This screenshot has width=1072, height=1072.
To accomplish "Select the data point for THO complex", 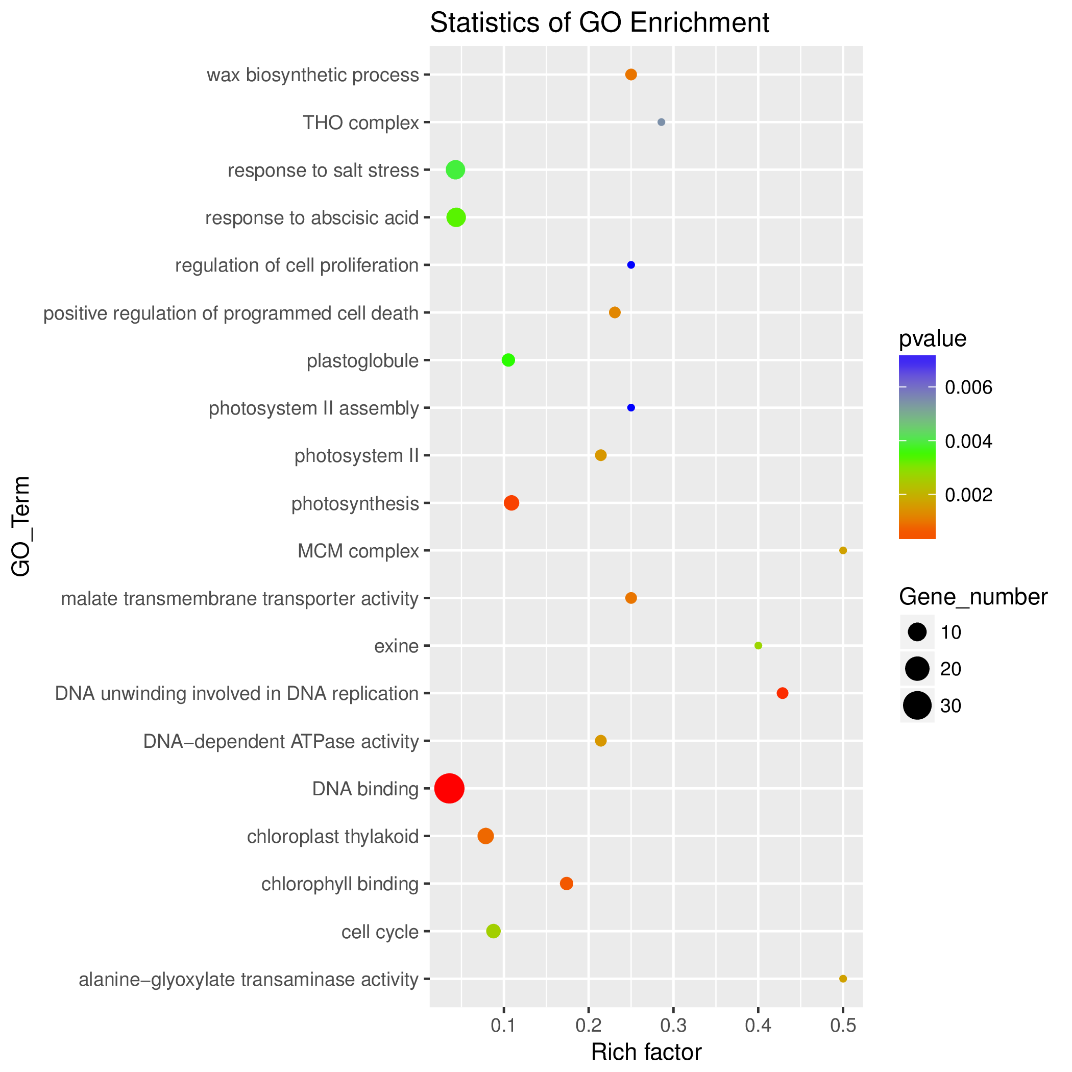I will pyautogui.click(x=661, y=122).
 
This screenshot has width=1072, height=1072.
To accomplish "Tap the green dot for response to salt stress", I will pyautogui.click(x=455, y=170).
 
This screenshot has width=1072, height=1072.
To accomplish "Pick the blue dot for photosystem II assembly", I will pyautogui.click(x=631, y=408).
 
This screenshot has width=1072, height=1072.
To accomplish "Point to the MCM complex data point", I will pyautogui.click(x=843, y=550).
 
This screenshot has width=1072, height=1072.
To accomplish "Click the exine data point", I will pyautogui.click(x=759, y=645).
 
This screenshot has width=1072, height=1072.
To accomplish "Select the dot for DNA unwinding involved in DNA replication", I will pyautogui.click(x=783, y=693).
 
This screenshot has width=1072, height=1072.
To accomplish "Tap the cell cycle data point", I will pyautogui.click(x=493, y=931).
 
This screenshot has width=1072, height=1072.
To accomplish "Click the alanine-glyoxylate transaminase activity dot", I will pyautogui.click(x=843, y=979).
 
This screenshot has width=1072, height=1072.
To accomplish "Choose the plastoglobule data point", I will pyautogui.click(x=508, y=360).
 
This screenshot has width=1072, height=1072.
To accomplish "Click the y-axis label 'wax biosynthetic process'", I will pyautogui.click(x=312, y=75).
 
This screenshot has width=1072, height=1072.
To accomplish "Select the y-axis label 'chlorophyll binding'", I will pyautogui.click(x=339, y=884).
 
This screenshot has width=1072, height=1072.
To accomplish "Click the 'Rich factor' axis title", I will pyautogui.click(x=646, y=1052).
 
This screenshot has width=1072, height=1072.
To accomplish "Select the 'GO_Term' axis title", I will pyautogui.click(x=21, y=526).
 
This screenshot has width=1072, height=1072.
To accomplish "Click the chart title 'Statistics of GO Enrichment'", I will pyautogui.click(x=599, y=23).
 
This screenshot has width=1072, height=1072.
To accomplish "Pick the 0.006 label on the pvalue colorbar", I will pyautogui.click(x=968, y=388).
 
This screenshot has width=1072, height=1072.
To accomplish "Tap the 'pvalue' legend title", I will pyautogui.click(x=932, y=339).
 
